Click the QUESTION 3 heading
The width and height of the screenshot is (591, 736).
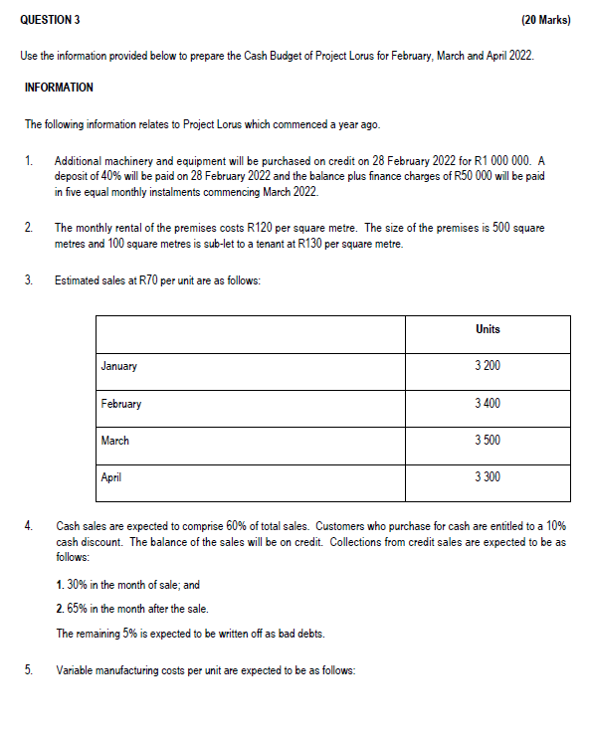click(x=50, y=20)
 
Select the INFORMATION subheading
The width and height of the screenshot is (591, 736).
click(x=59, y=88)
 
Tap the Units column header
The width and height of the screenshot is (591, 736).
click(x=488, y=329)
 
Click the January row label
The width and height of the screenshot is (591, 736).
click(x=119, y=367)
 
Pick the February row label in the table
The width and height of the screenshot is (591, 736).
click(x=121, y=404)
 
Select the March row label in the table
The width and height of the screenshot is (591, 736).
click(x=115, y=441)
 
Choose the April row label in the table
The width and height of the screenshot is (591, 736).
click(x=111, y=477)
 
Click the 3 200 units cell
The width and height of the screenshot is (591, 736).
click(x=488, y=367)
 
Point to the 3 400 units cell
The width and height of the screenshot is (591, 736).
click(x=488, y=404)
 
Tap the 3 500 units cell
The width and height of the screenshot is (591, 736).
click(x=488, y=441)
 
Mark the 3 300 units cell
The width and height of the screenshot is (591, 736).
click(x=488, y=477)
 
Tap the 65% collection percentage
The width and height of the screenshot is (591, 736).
click(x=78, y=609)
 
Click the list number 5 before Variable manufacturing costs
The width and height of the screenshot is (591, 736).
click(x=29, y=670)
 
